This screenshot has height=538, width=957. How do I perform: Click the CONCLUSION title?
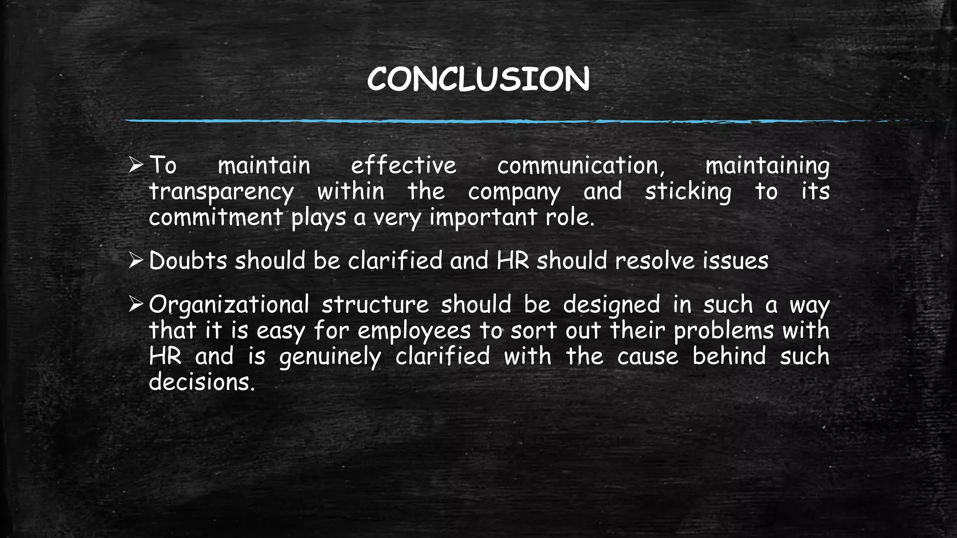pos(478,79)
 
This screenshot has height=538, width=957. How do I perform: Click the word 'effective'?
pos(403,166)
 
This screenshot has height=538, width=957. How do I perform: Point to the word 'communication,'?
pos(581,166)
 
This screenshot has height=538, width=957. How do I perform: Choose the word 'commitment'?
pos(215,218)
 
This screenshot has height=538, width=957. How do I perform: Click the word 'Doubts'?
pos(188,261)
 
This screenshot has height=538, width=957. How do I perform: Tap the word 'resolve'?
pos(655,261)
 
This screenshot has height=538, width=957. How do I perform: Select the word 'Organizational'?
pos(229,305)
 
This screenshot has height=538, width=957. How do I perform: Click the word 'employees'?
pos(414,331)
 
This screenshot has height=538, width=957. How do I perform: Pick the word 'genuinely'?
pos(330,357)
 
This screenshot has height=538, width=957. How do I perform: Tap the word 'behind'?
pos(729,356)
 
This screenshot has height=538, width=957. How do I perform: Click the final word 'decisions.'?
pos(202,382)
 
